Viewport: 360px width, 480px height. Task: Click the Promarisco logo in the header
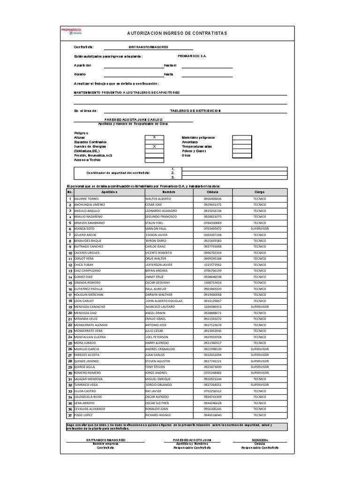[72, 31]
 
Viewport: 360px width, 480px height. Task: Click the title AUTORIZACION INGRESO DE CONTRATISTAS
[177, 34]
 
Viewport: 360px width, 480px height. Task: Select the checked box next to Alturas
[154, 137]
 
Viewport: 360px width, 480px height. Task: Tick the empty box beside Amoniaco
[242, 142]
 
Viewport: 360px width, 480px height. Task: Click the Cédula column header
[212, 192]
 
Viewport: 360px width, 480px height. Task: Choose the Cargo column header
[260, 192]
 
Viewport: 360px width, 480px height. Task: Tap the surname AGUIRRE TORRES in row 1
[86, 199]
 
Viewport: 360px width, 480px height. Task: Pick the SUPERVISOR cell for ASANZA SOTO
[260, 229]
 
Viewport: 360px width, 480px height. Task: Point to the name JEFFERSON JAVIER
[158, 265]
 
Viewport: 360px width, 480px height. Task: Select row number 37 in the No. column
[70, 415]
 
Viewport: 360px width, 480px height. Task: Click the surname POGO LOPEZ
[84, 415]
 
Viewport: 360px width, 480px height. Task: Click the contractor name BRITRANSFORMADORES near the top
[148, 47]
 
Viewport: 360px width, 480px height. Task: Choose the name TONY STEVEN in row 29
[156, 367]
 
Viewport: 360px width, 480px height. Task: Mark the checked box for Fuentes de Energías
[154, 146]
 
